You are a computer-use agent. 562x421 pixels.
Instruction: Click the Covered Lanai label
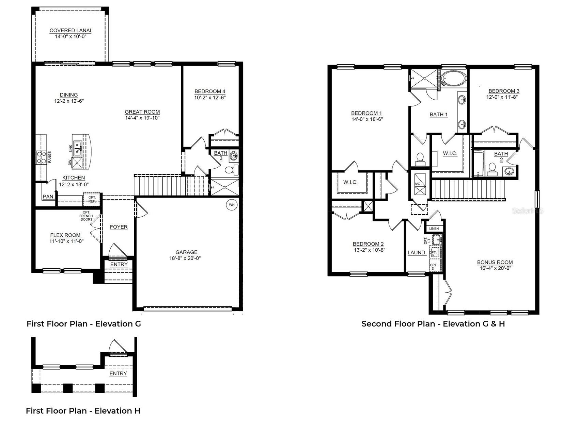point(71,30)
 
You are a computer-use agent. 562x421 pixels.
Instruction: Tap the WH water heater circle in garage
point(232,205)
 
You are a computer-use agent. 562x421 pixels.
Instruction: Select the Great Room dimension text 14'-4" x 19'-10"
point(142,118)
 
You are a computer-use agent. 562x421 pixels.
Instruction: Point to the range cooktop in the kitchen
point(41,157)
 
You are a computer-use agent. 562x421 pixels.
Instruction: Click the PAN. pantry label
point(48,197)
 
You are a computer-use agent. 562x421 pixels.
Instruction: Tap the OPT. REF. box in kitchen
point(92,199)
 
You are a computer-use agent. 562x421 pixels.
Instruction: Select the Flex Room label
point(65,235)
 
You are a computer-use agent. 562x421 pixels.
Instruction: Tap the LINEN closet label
point(434,229)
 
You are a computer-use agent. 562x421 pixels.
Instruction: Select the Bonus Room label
point(495,262)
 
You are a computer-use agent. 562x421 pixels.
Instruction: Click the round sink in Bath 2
point(509,171)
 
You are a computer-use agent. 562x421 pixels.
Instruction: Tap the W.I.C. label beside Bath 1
point(450,153)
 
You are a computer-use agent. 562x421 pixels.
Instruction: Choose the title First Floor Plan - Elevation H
point(83,411)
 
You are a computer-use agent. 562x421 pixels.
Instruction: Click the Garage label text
point(186,252)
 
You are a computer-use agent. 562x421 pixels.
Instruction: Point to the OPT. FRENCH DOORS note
point(86,216)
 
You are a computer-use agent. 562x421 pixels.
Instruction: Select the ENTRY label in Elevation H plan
point(118,373)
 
